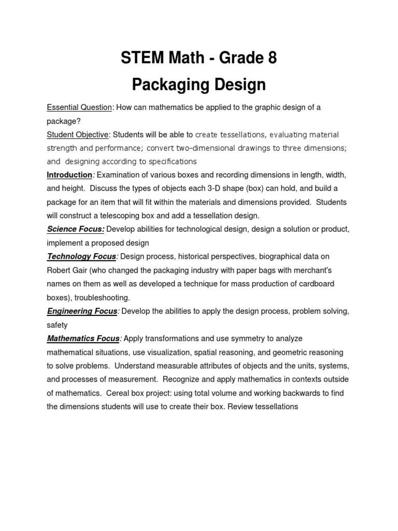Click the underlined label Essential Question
(79, 107)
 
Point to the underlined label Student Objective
(78, 135)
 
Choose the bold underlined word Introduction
(69, 175)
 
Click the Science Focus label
(76, 229)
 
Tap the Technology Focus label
(81, 256)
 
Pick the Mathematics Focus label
(83, 339)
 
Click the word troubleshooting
(102, 298)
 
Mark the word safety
(58, 325)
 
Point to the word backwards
(288, 393)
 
